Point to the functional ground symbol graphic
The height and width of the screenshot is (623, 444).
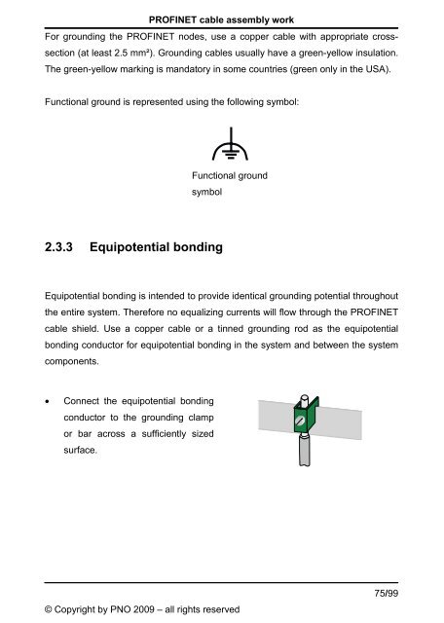pyautogui.click(x=221, y=147)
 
